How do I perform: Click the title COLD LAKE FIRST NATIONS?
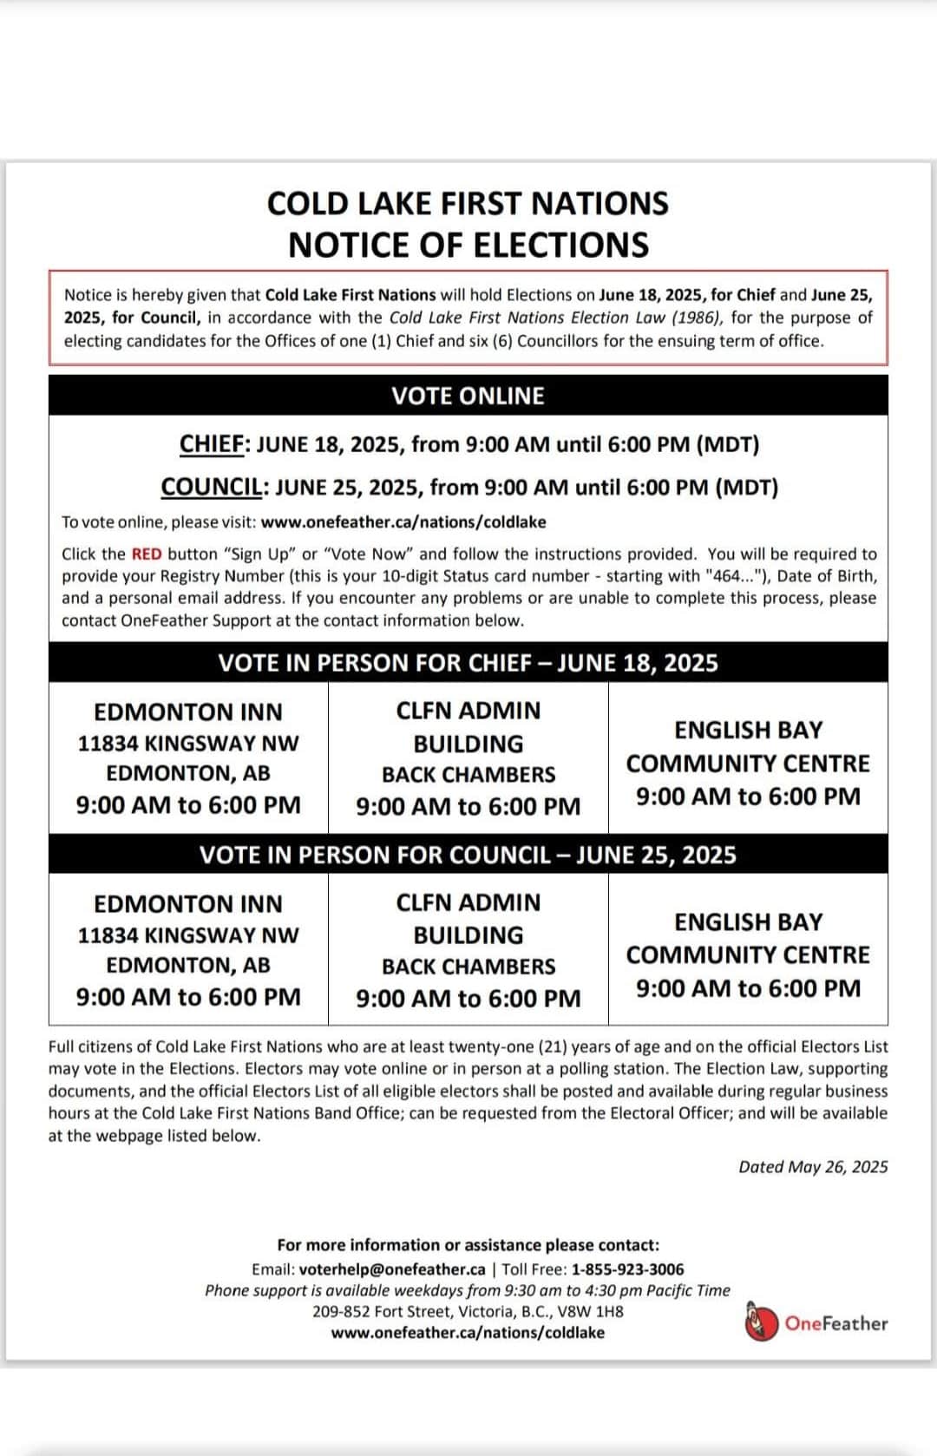468,204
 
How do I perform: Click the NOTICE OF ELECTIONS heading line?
468,246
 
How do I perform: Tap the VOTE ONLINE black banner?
468,396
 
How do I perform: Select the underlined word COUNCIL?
212,488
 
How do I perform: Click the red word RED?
147,554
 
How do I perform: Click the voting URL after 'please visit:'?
403,522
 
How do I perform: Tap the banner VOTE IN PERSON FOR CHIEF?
468,664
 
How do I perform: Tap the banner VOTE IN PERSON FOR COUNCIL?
468,856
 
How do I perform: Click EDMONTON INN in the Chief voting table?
188,712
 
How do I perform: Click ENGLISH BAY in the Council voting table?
748,922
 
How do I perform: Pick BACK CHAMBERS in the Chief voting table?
468,775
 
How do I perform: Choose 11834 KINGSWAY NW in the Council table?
188,935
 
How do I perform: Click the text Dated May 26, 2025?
813,1167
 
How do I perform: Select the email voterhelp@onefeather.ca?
392,1269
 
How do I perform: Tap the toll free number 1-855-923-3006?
627,1269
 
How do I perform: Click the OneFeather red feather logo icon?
761,1323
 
